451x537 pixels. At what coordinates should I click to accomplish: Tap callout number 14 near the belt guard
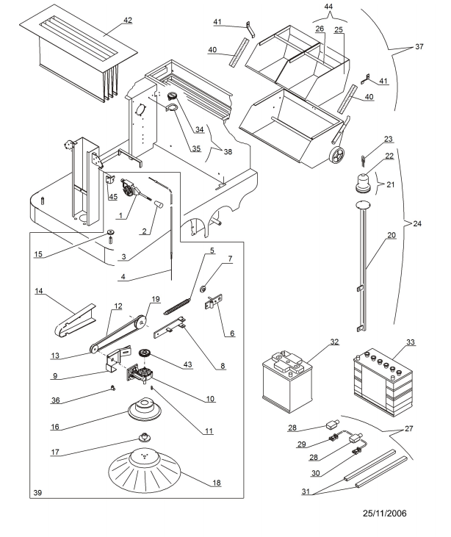(40, 292)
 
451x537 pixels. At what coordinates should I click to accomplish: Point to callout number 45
(112, 196)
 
